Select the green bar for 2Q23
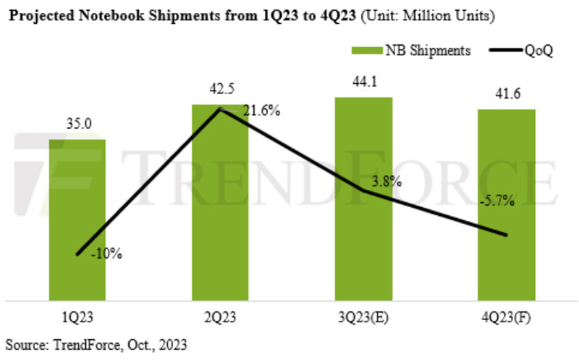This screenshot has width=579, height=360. click(x=220, y=202)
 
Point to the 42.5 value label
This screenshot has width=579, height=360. click(x=220, y=91)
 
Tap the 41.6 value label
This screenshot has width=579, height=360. click(x=507, y=95)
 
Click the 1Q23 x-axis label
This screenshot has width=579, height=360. click(x=77, y=316)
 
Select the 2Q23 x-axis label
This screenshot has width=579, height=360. click(x=220, y=316)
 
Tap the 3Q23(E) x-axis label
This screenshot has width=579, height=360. click(x=363, y=316)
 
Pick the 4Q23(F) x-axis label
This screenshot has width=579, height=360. click(x=507, y=316)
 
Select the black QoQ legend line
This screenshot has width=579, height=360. click(x=499, y=51)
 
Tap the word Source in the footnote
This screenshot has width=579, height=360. click(x=23, y=345)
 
